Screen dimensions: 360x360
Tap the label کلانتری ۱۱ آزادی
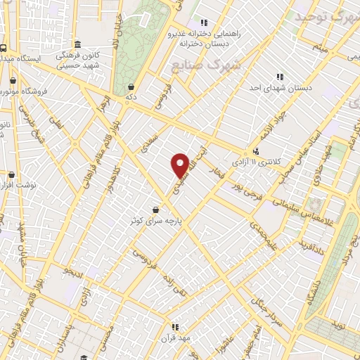click(276, 162)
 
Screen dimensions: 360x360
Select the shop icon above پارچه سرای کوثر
click(155, 209)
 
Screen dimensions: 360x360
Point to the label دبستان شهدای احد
click(281, 88)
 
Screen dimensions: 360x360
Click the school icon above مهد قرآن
click(175, 326)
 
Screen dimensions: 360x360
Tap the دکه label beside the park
click(131, 96)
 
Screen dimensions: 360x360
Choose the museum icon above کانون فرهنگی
click(78, 44)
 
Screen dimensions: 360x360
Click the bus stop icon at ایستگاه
click(4, 48)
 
